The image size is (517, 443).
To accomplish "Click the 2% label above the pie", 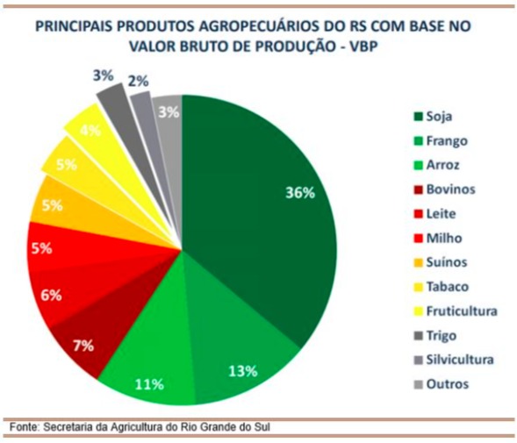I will point(138,80).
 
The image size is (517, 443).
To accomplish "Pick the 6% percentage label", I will point(51,296).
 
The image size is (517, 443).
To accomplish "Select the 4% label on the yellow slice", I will point(90,132).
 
